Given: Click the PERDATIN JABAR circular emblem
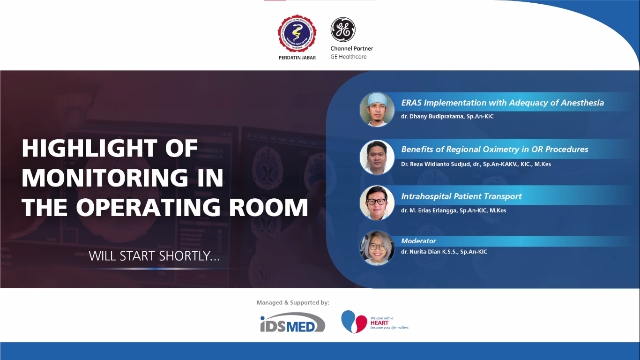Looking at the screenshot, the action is pos(297,33).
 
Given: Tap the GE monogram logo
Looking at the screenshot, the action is pos(343,29).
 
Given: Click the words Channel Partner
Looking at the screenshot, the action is pos(352,49).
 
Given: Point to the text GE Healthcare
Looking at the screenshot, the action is pos(348,57).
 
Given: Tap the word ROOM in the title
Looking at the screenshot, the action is pos(268,207).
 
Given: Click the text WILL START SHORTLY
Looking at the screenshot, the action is pos(154,256).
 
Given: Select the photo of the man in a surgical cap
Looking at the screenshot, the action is pos(377,109).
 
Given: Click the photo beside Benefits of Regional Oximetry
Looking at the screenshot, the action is pos(377,157).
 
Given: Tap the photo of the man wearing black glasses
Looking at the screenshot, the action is pos(377,202).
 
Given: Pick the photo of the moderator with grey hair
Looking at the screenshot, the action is pos(377,248).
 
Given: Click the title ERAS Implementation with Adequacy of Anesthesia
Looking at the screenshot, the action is pos(502,103).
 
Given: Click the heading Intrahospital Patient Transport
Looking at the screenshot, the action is pos(461,196).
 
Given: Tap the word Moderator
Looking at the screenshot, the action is pos(418,241).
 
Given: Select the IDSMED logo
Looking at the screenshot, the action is pos(292,322).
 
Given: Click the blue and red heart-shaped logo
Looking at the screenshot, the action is pos(354,322).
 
